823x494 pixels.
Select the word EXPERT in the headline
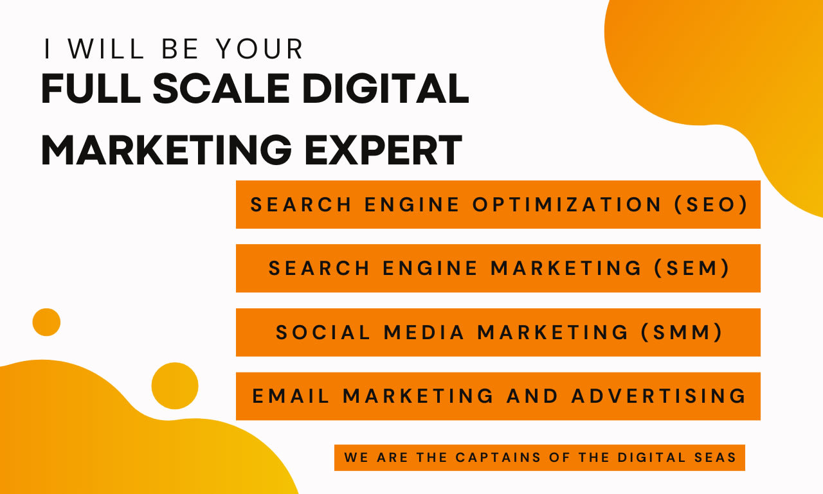(x=384, y=150)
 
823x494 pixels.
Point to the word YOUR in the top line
(x=260, y=49)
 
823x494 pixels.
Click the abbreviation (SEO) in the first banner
(x=711, y=204)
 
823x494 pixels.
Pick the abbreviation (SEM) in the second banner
(x=693, y=268)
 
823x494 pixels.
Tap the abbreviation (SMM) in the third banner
(x=687, y=332)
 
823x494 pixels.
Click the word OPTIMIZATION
(x=568, y=204)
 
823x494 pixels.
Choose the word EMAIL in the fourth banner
(x=291, y=396)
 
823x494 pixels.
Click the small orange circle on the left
(x=46, y=322)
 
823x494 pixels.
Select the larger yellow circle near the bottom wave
(x=175, y=386)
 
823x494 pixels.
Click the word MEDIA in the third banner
(x=424, y=332)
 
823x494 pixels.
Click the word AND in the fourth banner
(x=533, y=396)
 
